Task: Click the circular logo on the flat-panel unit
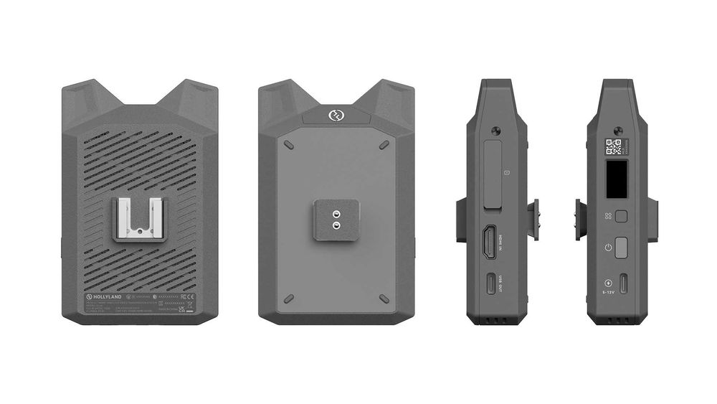pyautogui.click(x=336, y=115)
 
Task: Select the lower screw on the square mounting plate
pyautogui.click(x=336, y=225)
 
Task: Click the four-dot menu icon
pyautogui.click(x=608, y=216)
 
